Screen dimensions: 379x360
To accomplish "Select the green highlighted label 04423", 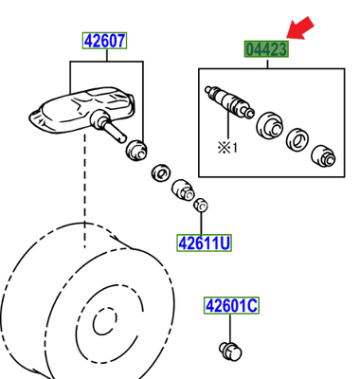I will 266,48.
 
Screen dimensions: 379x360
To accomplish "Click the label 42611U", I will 205,244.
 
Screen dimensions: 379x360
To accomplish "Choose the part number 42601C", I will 231,305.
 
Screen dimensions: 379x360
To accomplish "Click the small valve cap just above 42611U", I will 200,205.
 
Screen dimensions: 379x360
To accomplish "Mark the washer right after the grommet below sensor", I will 159,173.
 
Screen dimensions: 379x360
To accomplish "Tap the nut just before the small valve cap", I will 180,190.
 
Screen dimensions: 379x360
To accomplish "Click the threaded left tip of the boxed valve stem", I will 208,92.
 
